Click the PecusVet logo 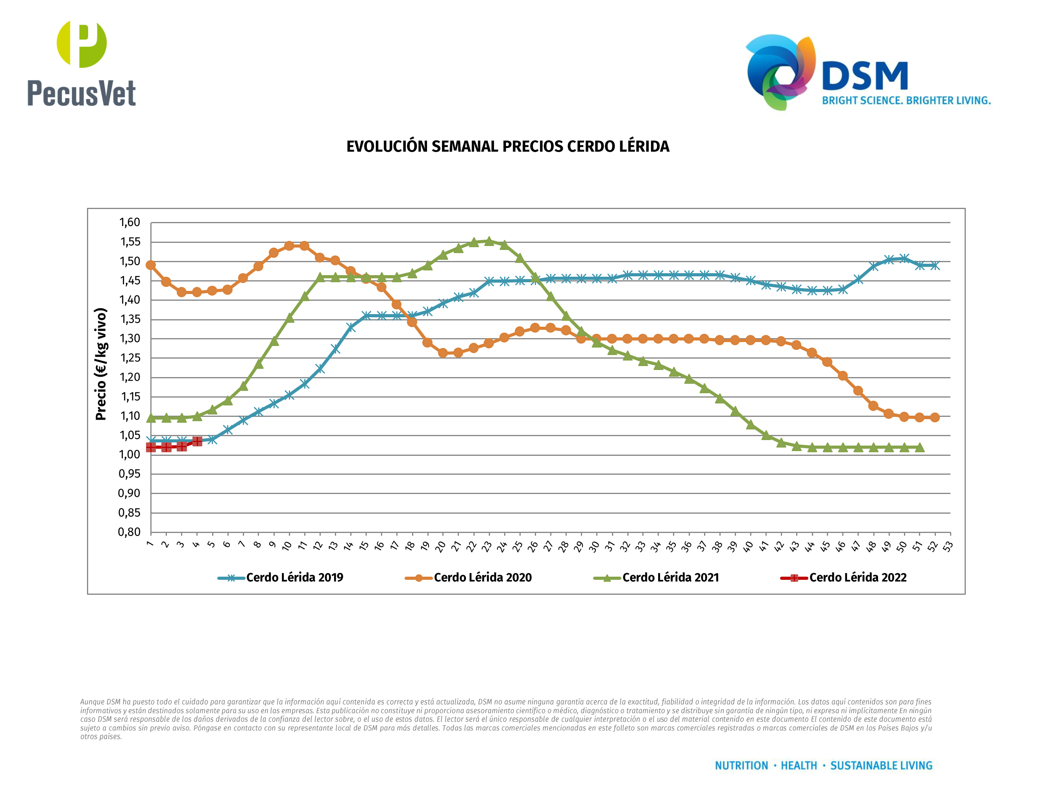(x=81, y=64)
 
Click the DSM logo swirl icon (x=780, y=71)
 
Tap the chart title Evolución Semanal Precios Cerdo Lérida (x=508, y=146)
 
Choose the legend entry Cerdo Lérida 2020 (x=483, y=577)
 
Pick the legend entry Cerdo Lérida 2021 (x=670, y=577)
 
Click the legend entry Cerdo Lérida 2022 (x=857, y=577)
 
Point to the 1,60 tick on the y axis (x=129, y=222)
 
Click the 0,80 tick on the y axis (x=129, y=532)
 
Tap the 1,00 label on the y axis (x=129, y=454)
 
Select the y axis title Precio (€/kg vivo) (x=101, y=364)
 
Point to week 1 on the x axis (x=150, y=544)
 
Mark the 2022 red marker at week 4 (x=197, y=442)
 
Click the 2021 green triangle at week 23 (x=488, y=241)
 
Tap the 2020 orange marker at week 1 (x=151, y=265)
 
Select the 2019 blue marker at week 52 (x=935, y=265)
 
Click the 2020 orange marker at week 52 (x=935, y=417)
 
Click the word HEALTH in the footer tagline (x=799, y=766)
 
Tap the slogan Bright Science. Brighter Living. (x=906, y=100)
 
